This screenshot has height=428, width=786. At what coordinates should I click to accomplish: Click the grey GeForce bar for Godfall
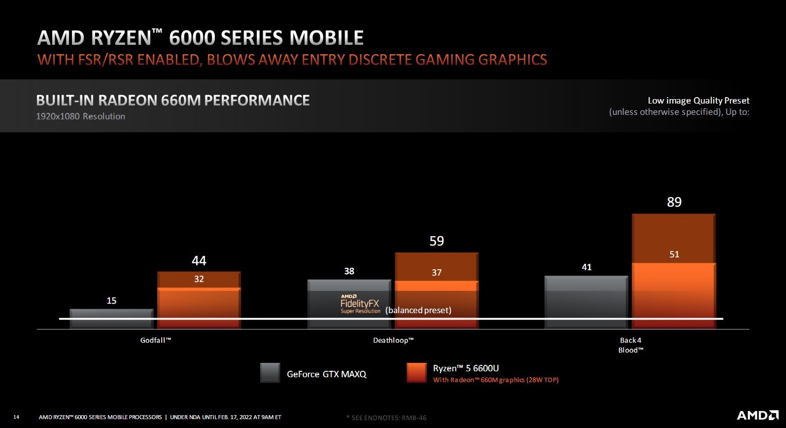[111, 318]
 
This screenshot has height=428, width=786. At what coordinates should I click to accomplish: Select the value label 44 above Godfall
[199, 261]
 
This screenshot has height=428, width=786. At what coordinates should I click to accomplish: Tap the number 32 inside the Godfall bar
[199, 279]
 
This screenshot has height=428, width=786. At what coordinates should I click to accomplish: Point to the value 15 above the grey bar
[111, 301]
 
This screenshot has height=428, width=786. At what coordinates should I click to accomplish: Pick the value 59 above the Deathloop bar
[437, 241]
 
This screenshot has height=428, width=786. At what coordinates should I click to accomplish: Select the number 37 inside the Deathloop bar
[437, 273]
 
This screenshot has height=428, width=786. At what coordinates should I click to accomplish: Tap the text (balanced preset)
[418, 310]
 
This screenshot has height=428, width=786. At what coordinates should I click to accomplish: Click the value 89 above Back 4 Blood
[674, 202]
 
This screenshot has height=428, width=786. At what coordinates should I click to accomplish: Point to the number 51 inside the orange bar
[674, 254]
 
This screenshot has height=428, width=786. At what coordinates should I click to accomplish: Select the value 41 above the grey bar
[586, 267]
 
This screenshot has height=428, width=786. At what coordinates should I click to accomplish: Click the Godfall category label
[156, 340]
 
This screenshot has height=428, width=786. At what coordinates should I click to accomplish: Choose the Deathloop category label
[393, 340]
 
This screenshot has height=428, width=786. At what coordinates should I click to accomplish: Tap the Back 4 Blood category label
[631, 345]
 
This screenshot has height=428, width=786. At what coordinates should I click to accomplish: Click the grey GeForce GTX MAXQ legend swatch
[270, 373]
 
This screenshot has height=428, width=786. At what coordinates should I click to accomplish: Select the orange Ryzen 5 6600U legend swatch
[416, 373]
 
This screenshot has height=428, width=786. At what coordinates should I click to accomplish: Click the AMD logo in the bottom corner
[757, 415]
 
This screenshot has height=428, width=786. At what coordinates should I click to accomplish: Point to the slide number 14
[16, 417]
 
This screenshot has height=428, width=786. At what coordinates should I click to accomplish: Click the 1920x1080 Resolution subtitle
[81, 116]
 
